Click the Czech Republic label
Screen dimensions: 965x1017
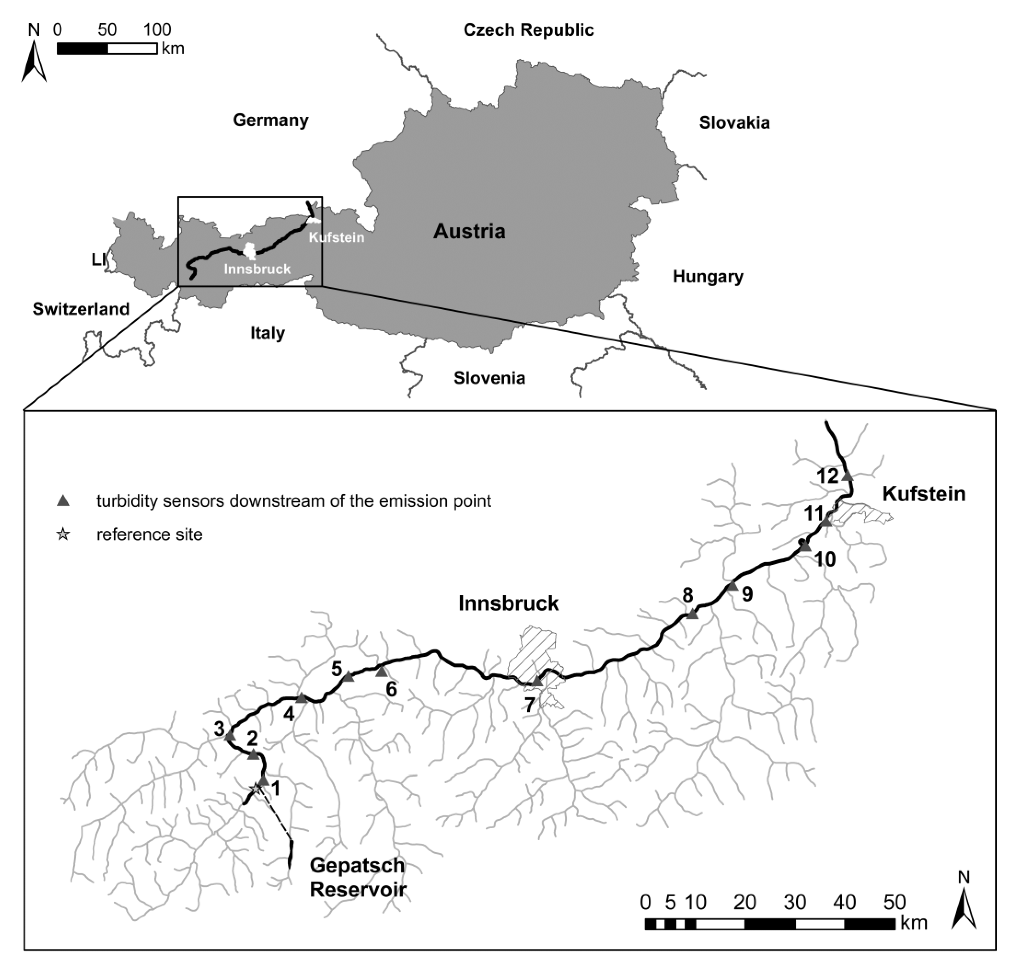click(528, 30)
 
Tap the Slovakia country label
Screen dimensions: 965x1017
click(734, 123)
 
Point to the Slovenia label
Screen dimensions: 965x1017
click(489, 378)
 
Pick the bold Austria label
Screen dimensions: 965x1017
click(469, 231)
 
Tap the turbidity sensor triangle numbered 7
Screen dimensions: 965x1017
click(537, 681)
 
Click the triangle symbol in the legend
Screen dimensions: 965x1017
click(63, 500)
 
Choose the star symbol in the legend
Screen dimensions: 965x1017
click(63, 534)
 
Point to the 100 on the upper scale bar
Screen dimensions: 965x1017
click(157, 30)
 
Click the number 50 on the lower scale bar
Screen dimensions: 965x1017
click(895, 902)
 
